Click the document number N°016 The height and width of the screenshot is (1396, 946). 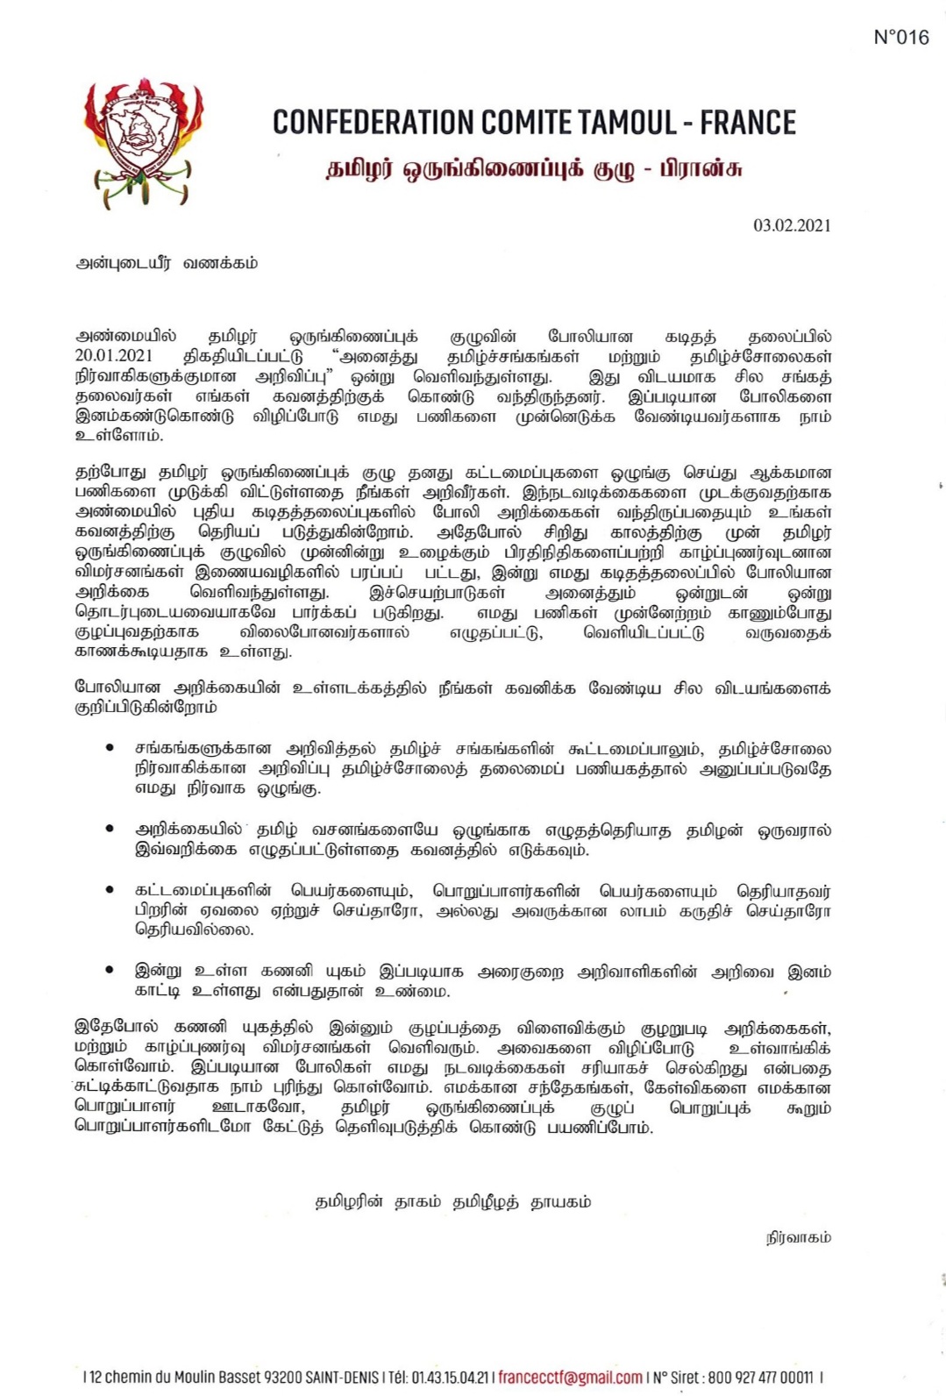pyautogui.click(x=900, y=37)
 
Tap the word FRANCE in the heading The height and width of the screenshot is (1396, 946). pyautogui.click(x=748, y=123)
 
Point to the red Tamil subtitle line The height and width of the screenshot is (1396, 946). pyautogui.click(x=534, y=168)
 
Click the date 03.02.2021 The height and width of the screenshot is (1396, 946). pyautogui.click(x=792, y=225)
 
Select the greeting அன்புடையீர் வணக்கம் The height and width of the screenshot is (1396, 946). pyautogui.click(x=167, y=263)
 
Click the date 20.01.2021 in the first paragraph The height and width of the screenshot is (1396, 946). pyautogui.click(x=114, y=356)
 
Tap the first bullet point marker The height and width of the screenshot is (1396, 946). pyautogui.click(x=110, y=748)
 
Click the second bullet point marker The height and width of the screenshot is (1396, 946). pyautogui.click(x=110, y=829)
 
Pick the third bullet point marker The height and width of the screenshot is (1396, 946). pyautogui.click(x=110, y=890)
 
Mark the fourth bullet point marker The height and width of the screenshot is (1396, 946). pyautogui.click(x=110, y=970)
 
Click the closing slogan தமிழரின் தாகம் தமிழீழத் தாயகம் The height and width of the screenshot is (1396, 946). pyautogui.click(x=452, y=1201)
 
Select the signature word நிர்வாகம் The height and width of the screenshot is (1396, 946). pyautogui.click(x=798, y=1237)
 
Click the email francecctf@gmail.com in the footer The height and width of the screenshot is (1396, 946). pyautogui.click(x=570, y=1378)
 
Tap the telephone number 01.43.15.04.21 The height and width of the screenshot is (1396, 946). pyautogui.click(x=449, y=1378)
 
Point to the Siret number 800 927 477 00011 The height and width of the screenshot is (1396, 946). pyautogui.click(x=760, y=1378)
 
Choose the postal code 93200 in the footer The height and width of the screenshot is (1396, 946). pyautogui.click(x=283, y=1378)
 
